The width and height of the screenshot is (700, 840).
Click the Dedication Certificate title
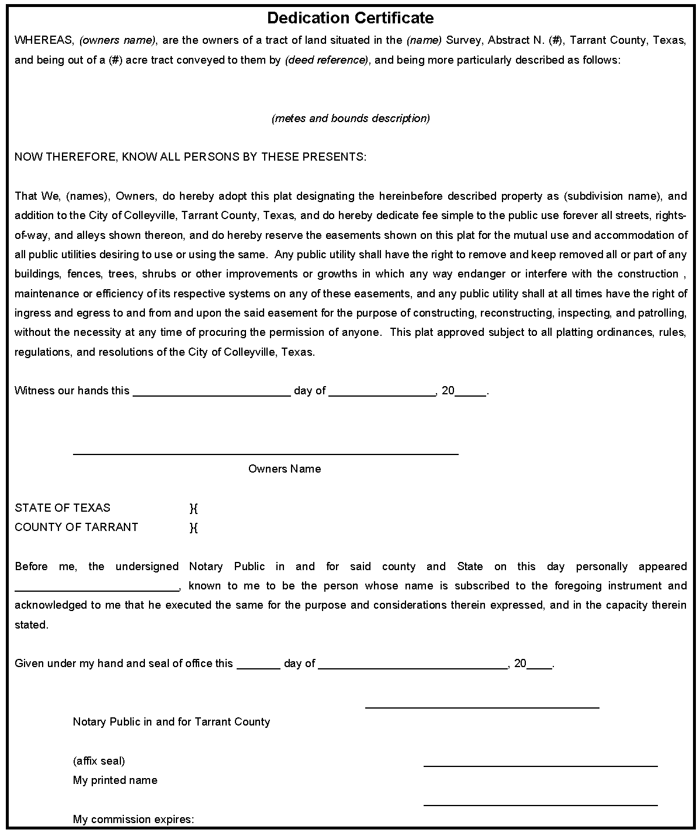coord(350,18)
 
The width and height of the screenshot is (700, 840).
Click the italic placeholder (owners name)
coord(117,40)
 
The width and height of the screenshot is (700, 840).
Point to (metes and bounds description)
coord(351,119)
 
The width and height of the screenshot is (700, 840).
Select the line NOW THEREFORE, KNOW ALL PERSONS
coord(190,157)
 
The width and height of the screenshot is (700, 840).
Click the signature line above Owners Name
coord(265,453)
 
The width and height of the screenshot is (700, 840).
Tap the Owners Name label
coord(285,469)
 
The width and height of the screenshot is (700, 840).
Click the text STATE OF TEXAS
coord(63,508)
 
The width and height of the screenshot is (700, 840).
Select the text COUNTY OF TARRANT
coord(77,527)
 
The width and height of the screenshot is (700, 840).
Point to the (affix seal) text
coord(99,761)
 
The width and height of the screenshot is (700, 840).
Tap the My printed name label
coord(115,780)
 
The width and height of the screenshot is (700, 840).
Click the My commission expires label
coord(133,820)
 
